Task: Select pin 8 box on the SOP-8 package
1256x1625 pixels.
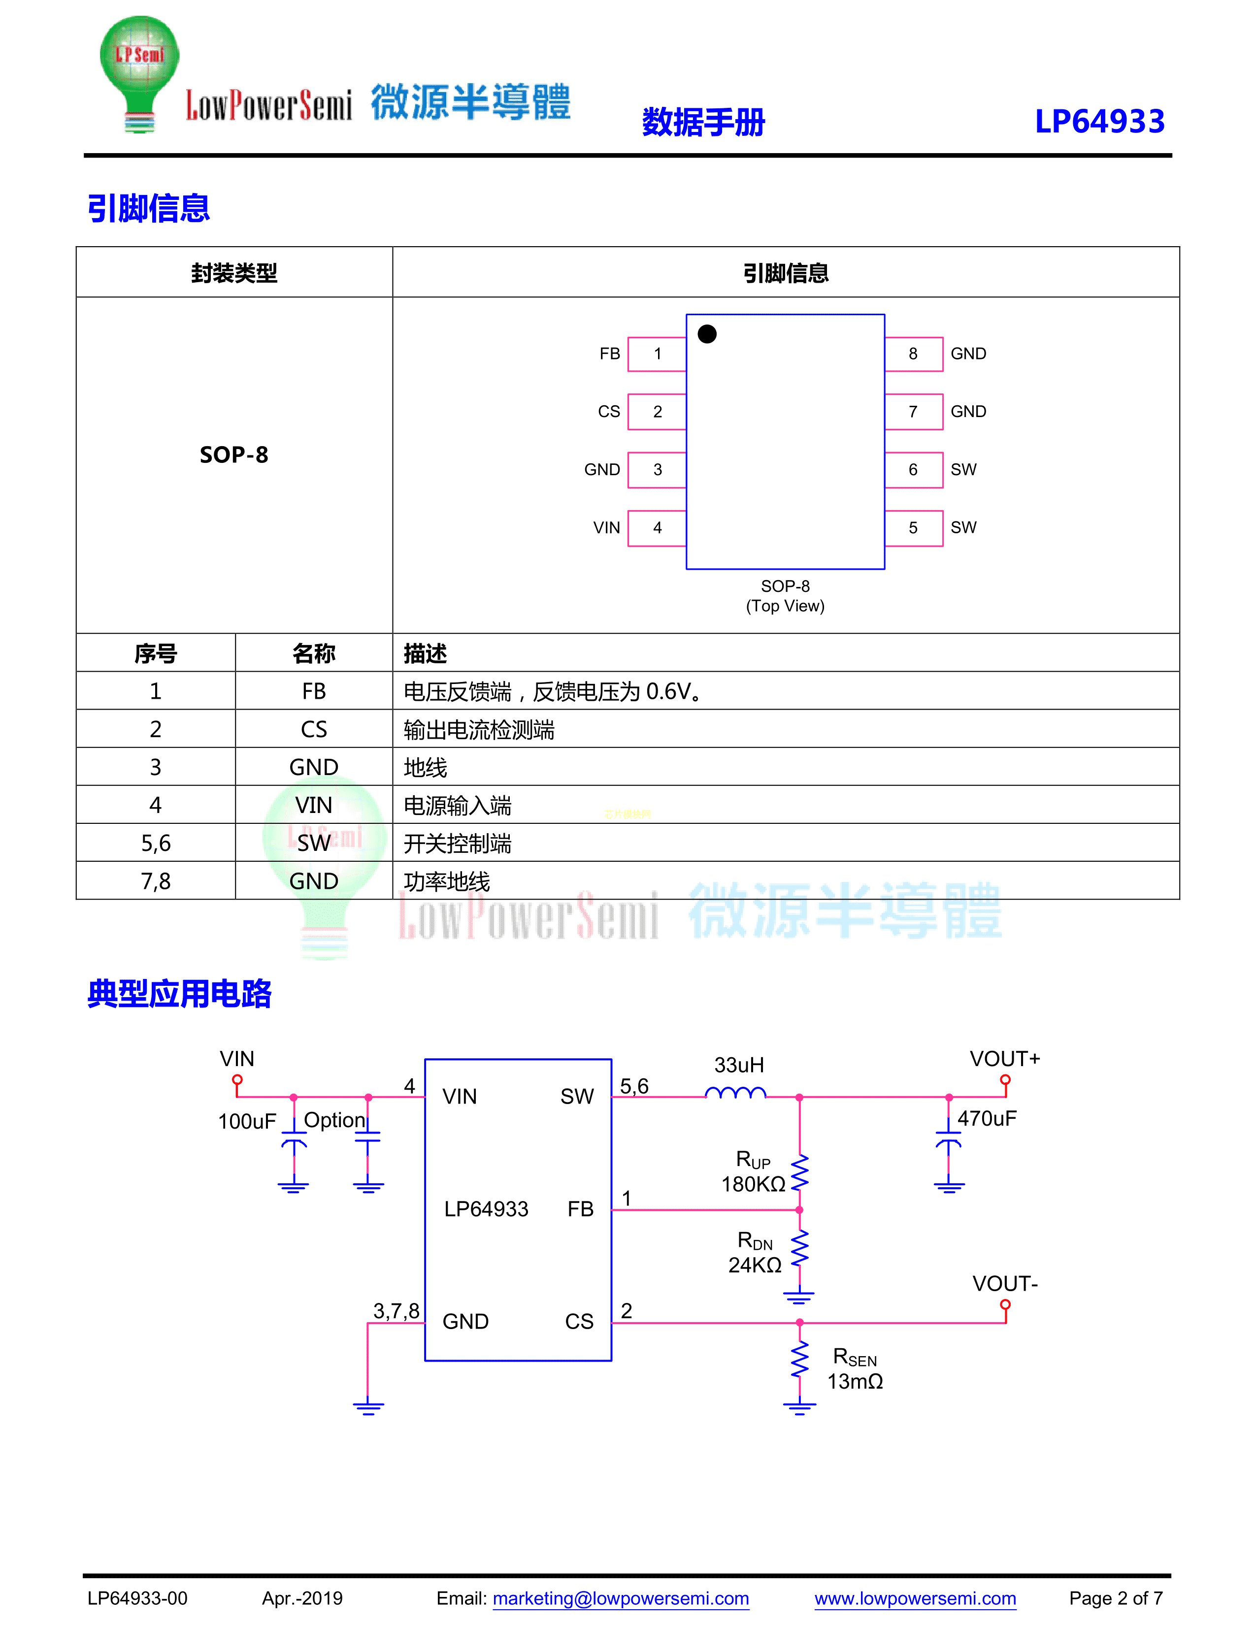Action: click(x=913, y=354)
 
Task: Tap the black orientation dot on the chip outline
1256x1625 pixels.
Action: click(x=707, y=334)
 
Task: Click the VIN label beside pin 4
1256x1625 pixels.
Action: click(x=606, y=527)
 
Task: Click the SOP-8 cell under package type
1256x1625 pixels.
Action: click(x=233, y=455)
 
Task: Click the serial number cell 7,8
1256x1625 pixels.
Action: click(x=156, y=881)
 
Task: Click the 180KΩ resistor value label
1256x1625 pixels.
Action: click(x=753, y=1184)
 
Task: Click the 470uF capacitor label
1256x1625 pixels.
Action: click(x=987, y=1118)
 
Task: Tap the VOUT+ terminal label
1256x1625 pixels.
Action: click(x=1004, y=1059)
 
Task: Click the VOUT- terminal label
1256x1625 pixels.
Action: click(x=1004, y=1283)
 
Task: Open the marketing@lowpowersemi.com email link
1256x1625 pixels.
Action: click(x=621, y=1598)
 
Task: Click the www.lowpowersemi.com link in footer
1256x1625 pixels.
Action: click(x=915, y=1598)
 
